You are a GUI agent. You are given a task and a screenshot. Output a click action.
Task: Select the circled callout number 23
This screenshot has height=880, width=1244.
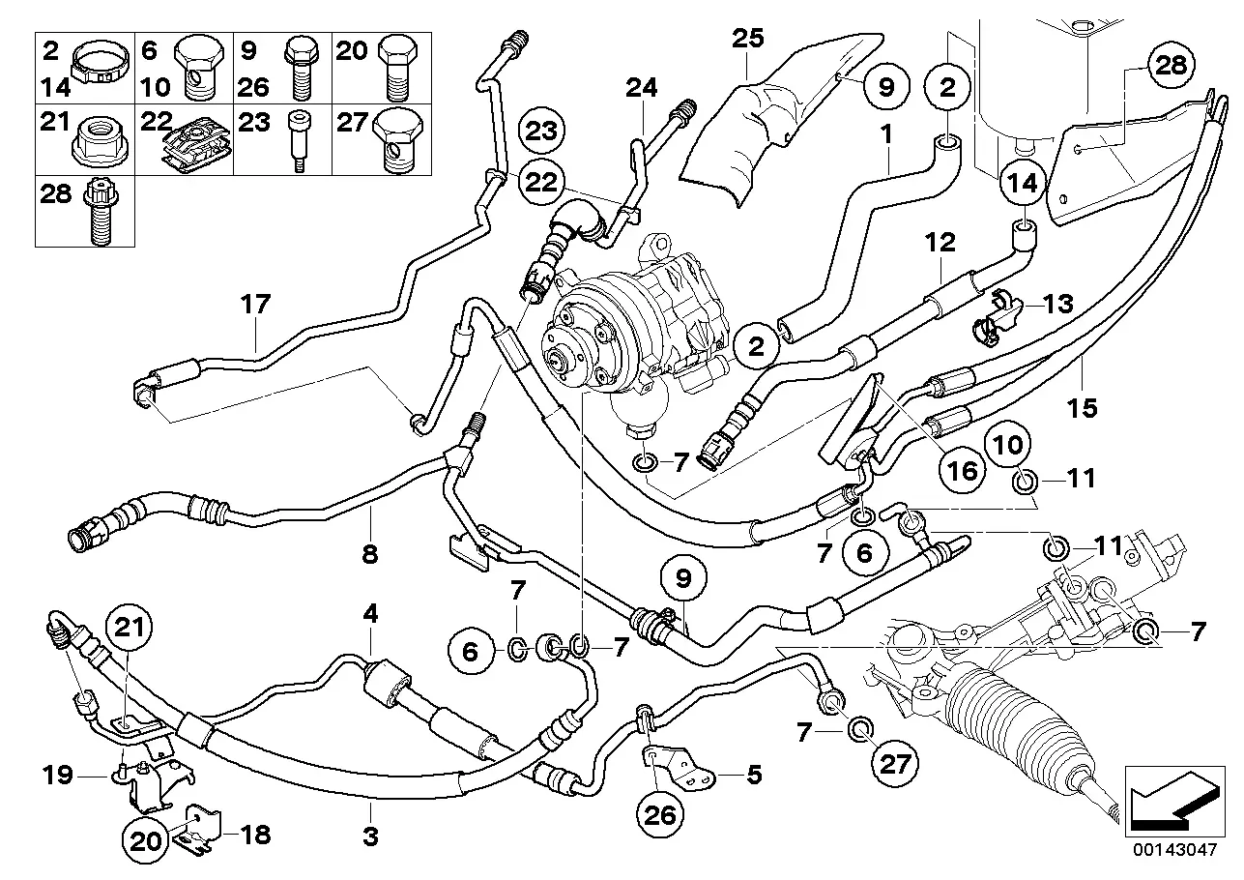[541, 132]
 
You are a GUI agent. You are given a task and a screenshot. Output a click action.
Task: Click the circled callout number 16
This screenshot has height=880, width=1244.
[963, 471]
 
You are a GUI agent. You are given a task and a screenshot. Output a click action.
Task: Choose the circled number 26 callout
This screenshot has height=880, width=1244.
[660, 815]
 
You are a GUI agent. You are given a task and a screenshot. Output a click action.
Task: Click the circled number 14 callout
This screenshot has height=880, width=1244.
[1023, 183]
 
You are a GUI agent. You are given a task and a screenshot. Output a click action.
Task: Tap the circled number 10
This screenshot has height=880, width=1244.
[1008, 445]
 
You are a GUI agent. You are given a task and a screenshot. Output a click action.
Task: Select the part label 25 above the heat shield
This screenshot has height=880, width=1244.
[748, 39]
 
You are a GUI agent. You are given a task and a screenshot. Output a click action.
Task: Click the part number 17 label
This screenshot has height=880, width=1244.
[255, 304]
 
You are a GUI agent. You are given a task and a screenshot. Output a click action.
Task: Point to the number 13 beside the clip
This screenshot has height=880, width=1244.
[1058, 304]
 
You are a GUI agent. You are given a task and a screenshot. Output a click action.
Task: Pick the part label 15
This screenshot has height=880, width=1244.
[1083, 408]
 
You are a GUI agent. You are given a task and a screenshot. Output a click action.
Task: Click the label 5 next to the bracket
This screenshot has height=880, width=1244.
[754, 775]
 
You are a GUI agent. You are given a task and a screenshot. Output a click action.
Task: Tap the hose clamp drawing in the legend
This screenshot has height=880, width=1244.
[101, 64]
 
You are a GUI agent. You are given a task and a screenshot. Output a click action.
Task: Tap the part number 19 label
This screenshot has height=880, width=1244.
[57, 775]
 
